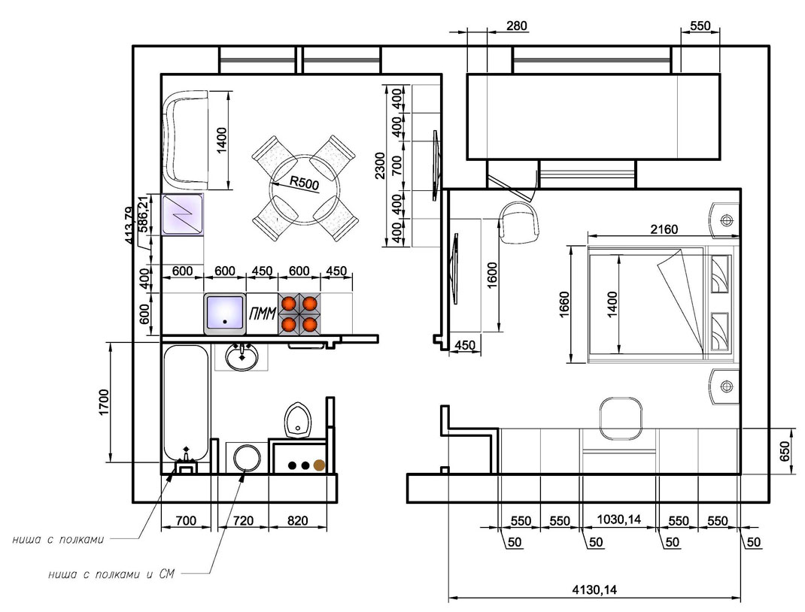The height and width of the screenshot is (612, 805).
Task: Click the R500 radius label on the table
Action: pyautogui.click(x=305, y=183)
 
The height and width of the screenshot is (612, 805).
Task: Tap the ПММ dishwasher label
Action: pyautogui.click(x=263, y=313)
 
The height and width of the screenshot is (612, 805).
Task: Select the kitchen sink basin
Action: pyautogui.click(x=224, y=314)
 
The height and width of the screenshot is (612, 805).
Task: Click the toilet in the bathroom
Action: pyautogui.click(x=298, y=420)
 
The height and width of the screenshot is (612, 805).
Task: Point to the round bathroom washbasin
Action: pyautogui.click(x=241, y=357)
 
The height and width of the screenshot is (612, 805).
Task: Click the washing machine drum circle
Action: pyautogui.click(x=246, y=458)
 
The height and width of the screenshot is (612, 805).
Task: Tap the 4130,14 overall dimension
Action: pyautogui.click(x=594, y=589)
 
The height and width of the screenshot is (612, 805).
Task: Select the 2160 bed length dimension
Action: pyautogui.click(x=664, y=229)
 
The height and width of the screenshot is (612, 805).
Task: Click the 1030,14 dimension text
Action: pyautogui.click(x=618, y=520)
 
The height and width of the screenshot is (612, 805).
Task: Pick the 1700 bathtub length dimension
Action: pyautogui.click(x=105, y=403)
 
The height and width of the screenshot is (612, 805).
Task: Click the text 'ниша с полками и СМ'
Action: pyautogui.click(x=111, y=574)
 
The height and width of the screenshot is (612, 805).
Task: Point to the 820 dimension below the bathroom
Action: pyautogui.click(x=297, y=521)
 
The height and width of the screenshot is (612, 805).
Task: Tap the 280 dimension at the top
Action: pyautogui.click(x=516, y=25)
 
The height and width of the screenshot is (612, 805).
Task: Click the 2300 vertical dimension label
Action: pyautogui.click(x=379, y=165)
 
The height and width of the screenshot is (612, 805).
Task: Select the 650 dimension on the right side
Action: pyautogui.click(x=785, y=451)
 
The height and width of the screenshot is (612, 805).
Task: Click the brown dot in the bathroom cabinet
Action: pyautogui.click(x=319, y=465)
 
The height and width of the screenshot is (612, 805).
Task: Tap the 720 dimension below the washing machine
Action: pyautogui.click(x=243, y=521)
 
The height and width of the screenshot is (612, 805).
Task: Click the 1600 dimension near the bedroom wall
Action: pyautogui.click(x=492, y=275)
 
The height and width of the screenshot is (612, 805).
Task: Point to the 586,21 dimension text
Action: pyautogui.click(x=144, y=214)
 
